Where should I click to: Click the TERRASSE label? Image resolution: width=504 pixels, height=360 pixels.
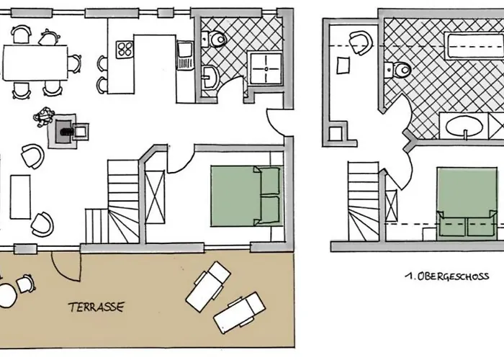(96, 307)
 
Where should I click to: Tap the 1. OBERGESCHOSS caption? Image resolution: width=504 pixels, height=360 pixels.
(447, 276)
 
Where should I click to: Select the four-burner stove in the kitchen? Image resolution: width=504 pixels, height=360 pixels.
(125, 50)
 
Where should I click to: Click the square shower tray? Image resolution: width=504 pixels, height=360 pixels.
(266, 69)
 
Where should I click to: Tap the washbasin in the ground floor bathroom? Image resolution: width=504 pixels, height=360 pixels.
(210, 77)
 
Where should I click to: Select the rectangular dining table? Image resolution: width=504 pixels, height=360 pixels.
(35, 63)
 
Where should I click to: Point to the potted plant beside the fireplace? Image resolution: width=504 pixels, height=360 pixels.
(43, 117)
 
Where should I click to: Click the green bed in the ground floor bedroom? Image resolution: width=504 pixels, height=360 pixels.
(246, 196)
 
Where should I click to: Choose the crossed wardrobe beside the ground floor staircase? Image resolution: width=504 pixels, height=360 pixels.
(155, 197)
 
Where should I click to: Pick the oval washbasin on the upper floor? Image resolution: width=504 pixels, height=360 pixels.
(464, 126)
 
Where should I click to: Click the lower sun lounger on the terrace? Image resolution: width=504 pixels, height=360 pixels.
(240, 312)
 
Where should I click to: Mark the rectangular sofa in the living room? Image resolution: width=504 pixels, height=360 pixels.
(20, 197)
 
